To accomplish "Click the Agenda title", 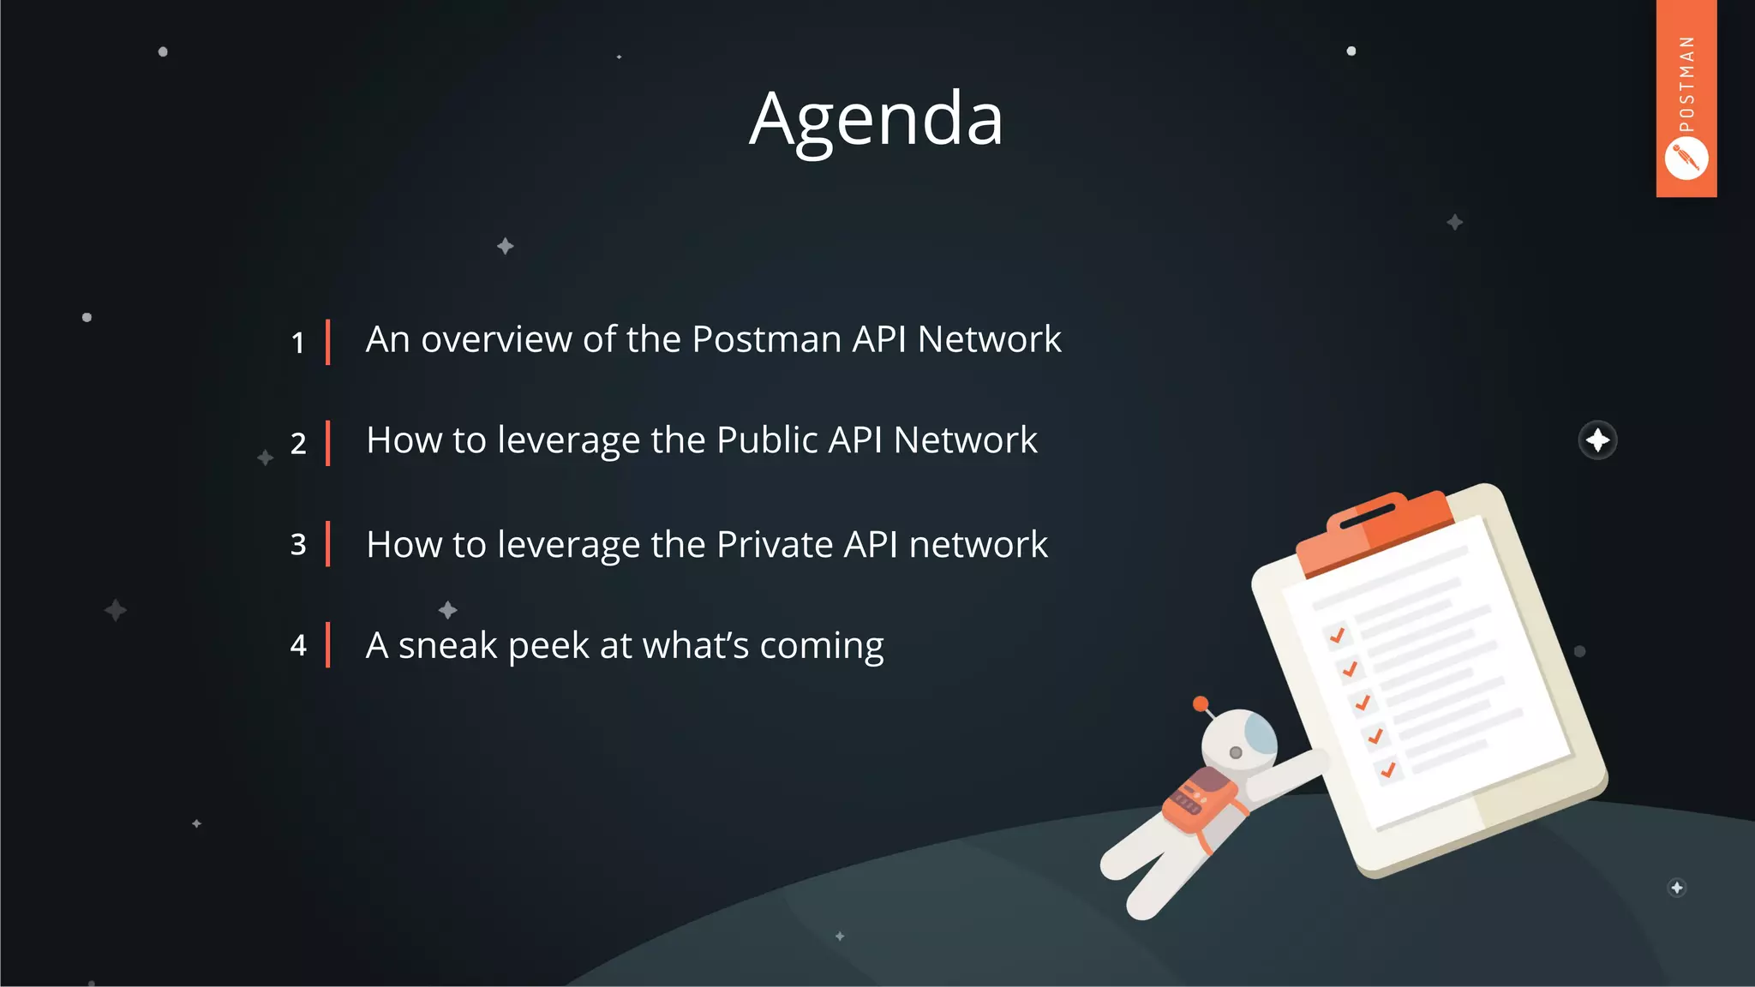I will point(876,120).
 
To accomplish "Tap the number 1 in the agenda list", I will point(297,343).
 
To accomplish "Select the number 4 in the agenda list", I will point(297,645).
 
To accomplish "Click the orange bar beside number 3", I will point(327,544).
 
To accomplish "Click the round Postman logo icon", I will point(1686,159).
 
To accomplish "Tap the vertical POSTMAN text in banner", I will point(1686,84).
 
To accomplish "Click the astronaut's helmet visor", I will point(1260,733).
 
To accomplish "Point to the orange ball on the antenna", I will point(1201,703).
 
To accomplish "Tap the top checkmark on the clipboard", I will point(1337,635).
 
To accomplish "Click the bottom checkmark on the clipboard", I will point(1388,769).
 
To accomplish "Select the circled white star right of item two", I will point(1597,440).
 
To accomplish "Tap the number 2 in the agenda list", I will point(297,444).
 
